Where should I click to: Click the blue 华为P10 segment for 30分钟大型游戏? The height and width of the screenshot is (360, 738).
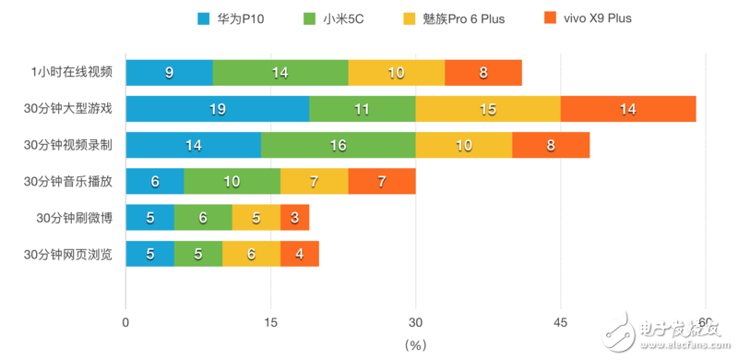[218, 109]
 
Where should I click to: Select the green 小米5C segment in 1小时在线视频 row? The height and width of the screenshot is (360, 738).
[280, 73]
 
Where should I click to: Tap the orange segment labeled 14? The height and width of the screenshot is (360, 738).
[628, 109]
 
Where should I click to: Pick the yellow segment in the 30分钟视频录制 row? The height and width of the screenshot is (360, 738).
[463, 145]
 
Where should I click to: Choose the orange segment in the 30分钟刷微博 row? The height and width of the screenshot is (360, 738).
[294, 218]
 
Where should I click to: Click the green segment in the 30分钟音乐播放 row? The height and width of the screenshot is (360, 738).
[232, 182]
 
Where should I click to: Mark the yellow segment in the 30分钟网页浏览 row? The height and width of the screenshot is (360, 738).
[251, 254]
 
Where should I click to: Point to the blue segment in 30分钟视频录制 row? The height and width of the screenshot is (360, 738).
[194, 145]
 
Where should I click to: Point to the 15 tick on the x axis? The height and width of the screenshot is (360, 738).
[270, 322]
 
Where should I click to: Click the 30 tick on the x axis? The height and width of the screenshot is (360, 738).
[415, 322]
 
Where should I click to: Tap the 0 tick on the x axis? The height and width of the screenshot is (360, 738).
[125, 322]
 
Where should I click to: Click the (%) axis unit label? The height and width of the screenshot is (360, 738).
[416, 344]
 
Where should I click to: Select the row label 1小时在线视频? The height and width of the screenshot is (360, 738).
[71, 73]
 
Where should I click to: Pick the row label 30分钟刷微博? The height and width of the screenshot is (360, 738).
[75, 218]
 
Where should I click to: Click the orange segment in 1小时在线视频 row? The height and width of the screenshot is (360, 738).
[483, 73]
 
